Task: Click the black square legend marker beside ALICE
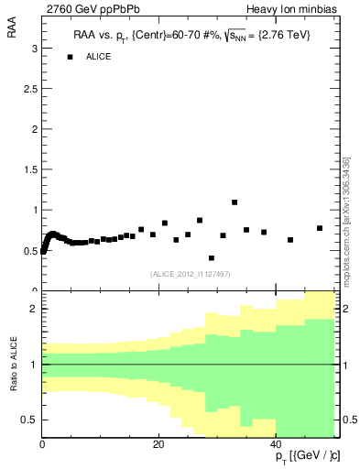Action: (69, 57)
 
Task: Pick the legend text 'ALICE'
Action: (99, 57)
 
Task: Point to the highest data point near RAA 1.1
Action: (235, 202)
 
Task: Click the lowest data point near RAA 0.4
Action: (212, 258)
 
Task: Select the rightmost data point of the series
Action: (320, 228)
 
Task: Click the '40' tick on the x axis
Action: (277, 445)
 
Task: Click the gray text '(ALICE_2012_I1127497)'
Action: (190, 273)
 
